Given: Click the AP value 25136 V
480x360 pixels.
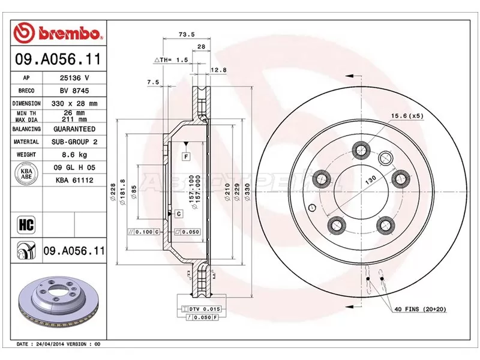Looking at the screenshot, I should pyautogui.click(x=74, y=78).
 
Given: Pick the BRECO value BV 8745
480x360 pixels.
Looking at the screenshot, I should pyautogui.click(x=74, y=91).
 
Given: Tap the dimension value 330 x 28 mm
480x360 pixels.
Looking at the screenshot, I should pyautogui.click(x=74, y=103).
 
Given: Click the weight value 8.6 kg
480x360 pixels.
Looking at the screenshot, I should pyautogui.click(x=74, y=154).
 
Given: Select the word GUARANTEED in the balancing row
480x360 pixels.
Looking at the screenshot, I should pyautogui.click(x=74, y=129).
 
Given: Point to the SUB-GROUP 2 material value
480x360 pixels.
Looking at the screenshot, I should pyautogui.click(x=74, y=142).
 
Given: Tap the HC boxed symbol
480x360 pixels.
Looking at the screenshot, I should pyautogui.click(x=26, y=226).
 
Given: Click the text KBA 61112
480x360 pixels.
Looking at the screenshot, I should pyautogui.click(x=74, y=179).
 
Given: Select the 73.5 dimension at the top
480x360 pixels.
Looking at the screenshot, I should pyautogui.click(x=186, y=35).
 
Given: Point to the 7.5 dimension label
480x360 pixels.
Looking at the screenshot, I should pyautogui.click(x=152, y=82).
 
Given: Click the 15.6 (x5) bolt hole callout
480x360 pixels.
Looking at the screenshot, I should pyautogui.click(x=407, y=115).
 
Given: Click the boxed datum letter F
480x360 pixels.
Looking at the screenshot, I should pyautogui.click(x=187, y=157).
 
